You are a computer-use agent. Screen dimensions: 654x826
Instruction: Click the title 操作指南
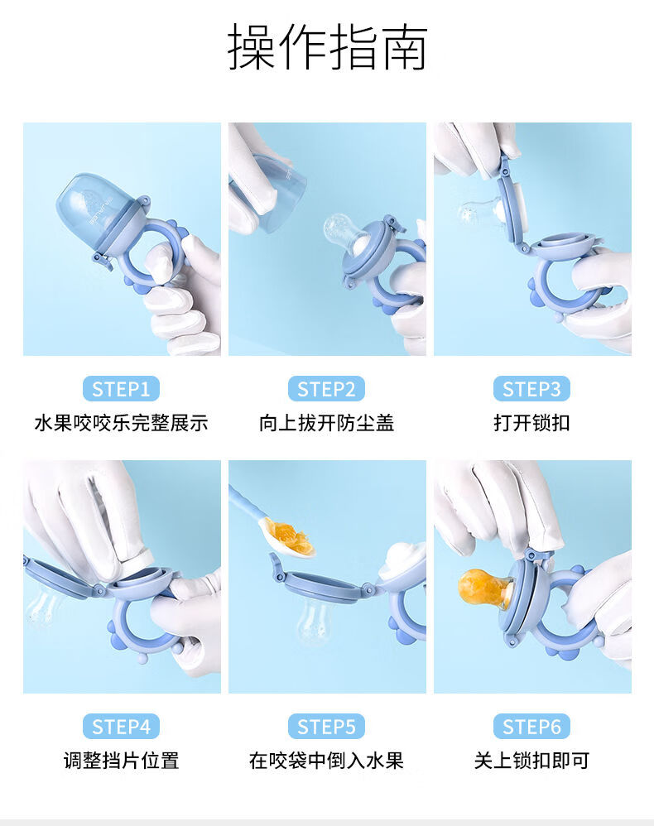pyautogui.click(x=327, y=47)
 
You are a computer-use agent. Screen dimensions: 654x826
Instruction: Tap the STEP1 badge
pyautogui.click(x=121, y=389)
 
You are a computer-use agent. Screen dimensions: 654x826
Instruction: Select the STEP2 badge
pyautogui.click(x=327, y=389)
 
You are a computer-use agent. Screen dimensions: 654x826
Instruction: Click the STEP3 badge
pyautogui.click(x=531, y=389)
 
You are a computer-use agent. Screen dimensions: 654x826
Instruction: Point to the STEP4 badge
pyautogui.click(x=121, y=727)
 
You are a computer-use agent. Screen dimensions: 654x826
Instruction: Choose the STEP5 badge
pyautogui.click(x=327, y=727)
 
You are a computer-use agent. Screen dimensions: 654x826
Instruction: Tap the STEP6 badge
pyautogui.click(x=531, y=727)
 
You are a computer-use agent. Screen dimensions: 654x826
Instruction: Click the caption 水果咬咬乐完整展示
pyautogui.click(x=121, y=423)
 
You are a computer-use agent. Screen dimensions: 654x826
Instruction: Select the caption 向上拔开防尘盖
pyautogui.click(x=327, y=423)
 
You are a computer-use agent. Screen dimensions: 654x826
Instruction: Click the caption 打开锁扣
pyautogui.click(x=531, y=423)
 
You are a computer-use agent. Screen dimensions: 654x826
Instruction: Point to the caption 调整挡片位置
pyautogui.click(x=121, y=761)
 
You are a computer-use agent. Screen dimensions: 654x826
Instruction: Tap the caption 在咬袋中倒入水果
pyautogui.click(x=327, y=761)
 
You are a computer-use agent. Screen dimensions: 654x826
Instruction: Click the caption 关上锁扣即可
pyautogui.click(x=531, y=761)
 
